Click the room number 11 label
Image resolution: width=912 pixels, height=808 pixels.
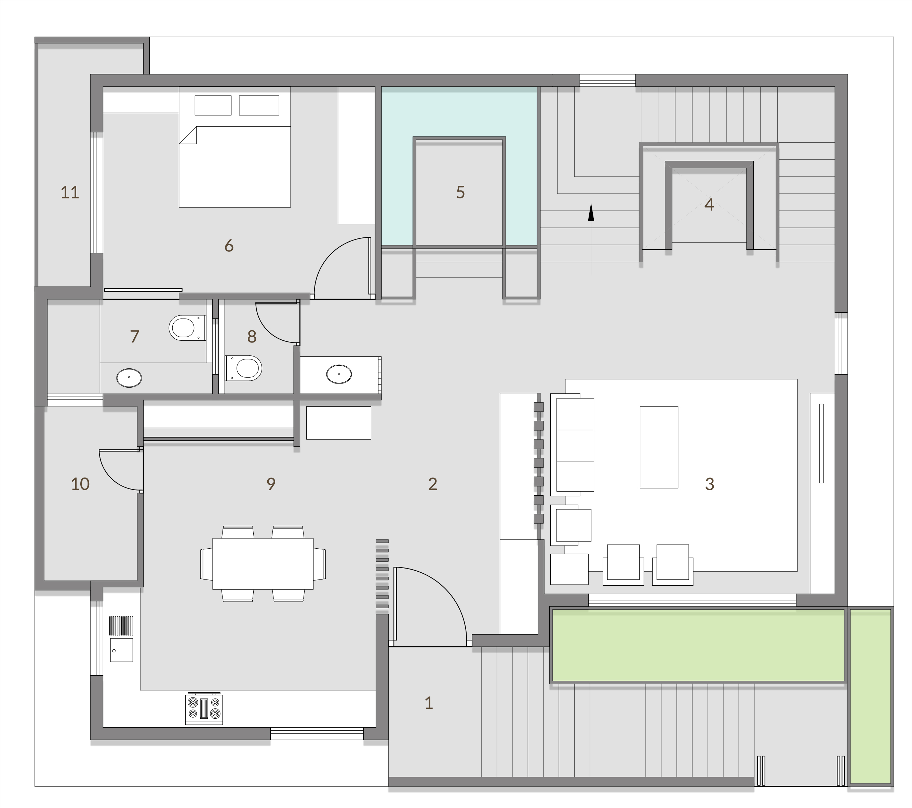tap(70, 192)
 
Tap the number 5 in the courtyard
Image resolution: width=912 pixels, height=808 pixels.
tap(460, 192)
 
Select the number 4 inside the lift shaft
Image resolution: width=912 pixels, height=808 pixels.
tap(709, 205)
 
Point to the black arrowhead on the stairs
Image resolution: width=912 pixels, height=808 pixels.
tap(591, 212)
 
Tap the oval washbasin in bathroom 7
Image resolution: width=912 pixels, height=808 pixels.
tap(129, 378)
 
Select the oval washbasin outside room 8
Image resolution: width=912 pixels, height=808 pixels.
tap(339, 374)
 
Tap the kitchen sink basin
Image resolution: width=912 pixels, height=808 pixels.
tap(121, 650)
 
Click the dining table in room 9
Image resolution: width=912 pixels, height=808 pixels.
tap(263, 564)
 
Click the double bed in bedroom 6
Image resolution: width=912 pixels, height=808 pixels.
tap(235, 161)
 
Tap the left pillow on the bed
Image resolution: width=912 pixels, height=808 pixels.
tap(213, 106)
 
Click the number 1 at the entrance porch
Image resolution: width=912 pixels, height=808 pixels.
tap(429, 703)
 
